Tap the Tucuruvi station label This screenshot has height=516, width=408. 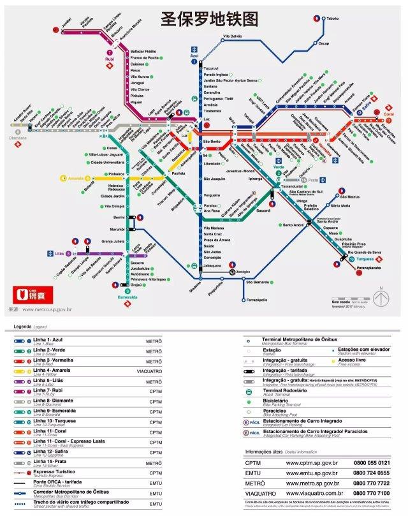pyautogui.click(x=211, y=67)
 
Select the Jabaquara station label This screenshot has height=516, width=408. pyautogui.click(x=213, y=265)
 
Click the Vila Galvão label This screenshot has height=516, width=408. pyautogui.click(x=232, y=36)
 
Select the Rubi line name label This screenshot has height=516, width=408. pyautogui.click(x=109, y=60)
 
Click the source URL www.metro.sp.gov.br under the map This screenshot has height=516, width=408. pyautogui.click(x=47, y=309)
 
